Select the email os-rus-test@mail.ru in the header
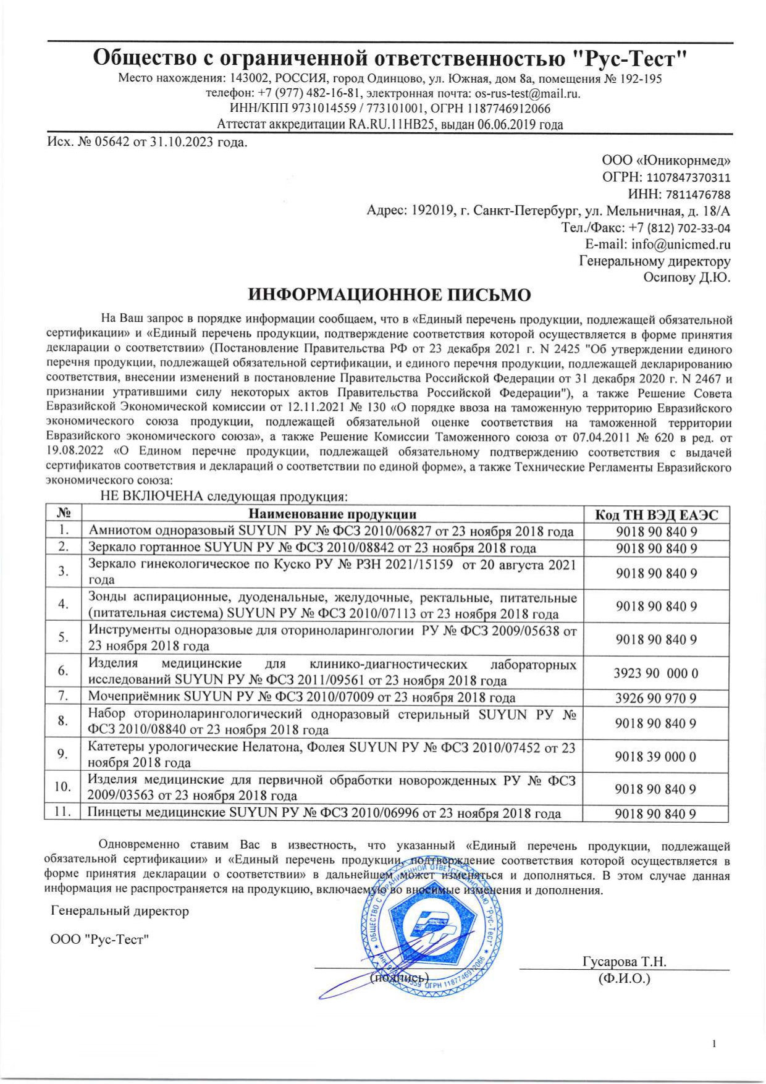(x=527, y=94)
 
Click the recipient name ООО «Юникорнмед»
(x=666, y=161)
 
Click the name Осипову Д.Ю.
(x=687, y=277)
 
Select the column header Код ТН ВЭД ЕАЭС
(x=656, y=515)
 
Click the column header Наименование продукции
(x=332, y=515)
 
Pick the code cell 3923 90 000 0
(x=656, y=673)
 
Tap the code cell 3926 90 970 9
(x=656, y=699)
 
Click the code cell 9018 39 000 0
(x=656, y=756)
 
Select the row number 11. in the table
(x=62, y=812)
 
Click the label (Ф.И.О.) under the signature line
(x=625, y=978)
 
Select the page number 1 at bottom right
(x=715, y=1044)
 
